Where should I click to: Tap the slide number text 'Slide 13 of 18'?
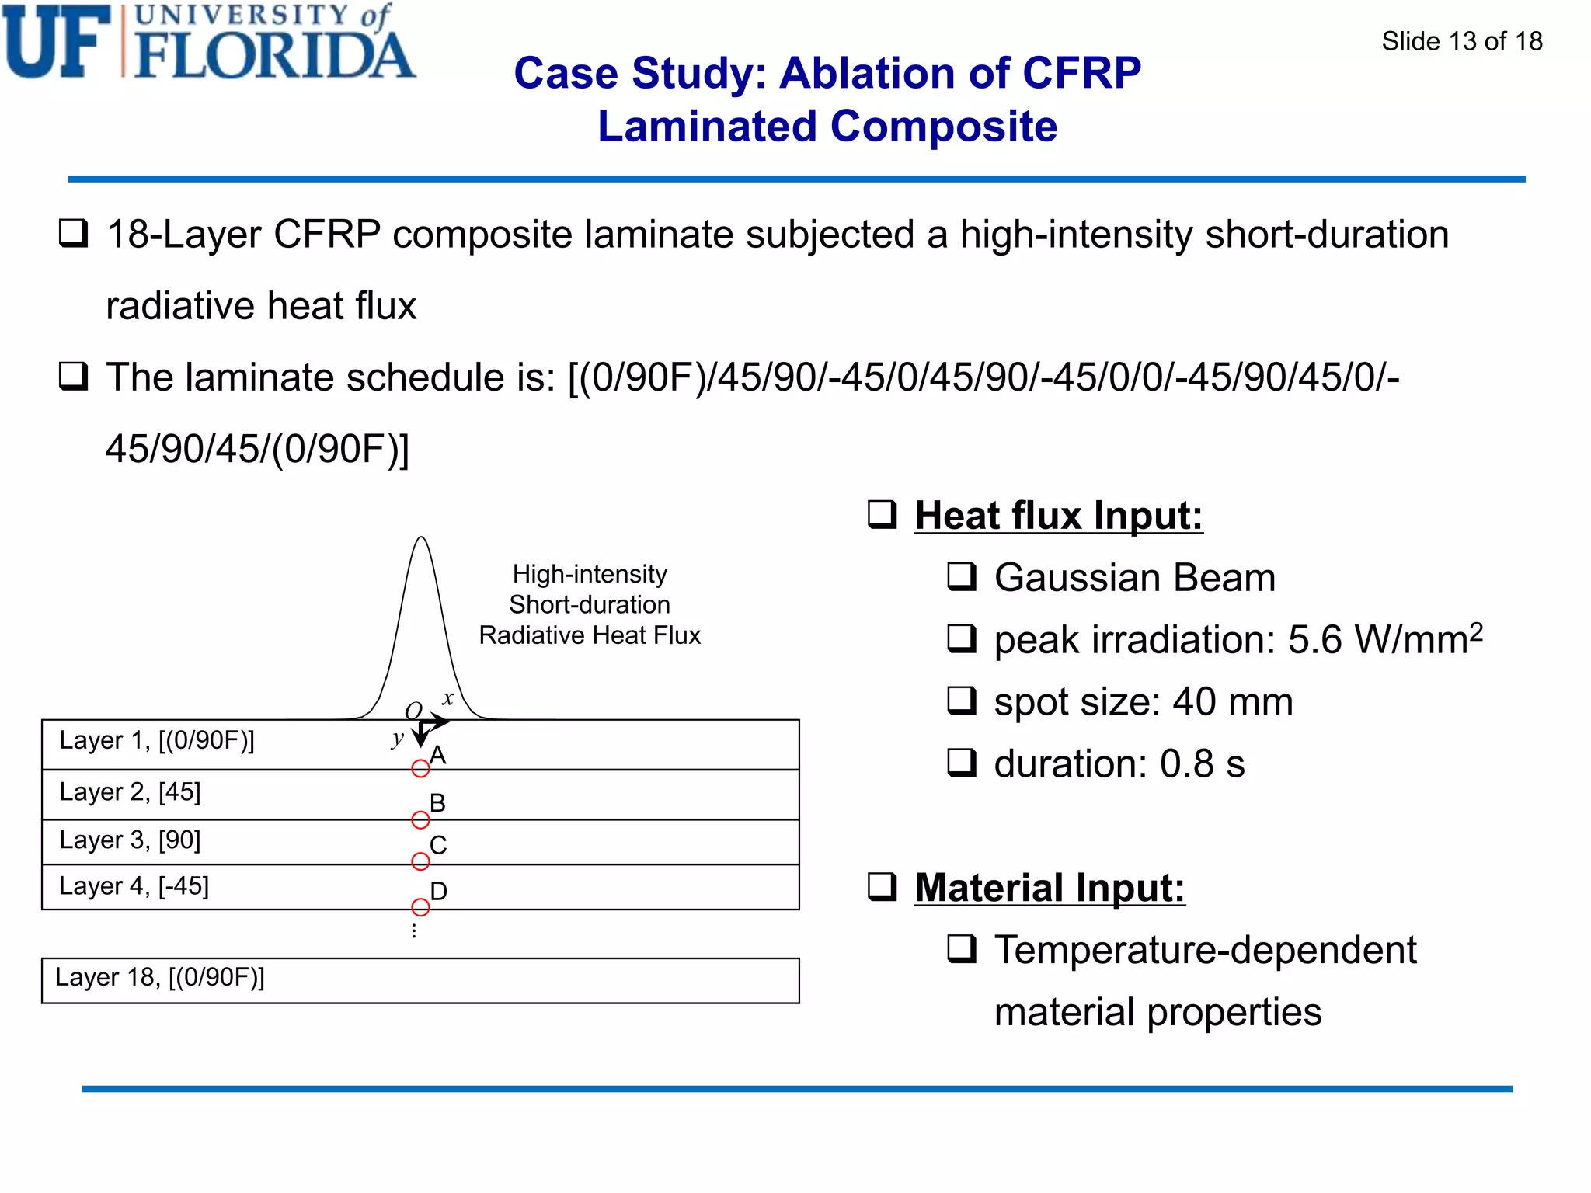(1461, 41)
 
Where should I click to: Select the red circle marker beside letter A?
(420, 769)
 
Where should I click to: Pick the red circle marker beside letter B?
(420, 819)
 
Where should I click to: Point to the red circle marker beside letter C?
(420, 861)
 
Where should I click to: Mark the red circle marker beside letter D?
(420, 907)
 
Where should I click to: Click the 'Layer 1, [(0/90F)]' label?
(157, 741)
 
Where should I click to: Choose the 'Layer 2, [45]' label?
(130, 792)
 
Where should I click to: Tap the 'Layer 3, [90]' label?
(130, 840)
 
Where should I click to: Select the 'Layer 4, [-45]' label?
(134, 886)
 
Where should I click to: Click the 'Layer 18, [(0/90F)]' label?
(159, 977)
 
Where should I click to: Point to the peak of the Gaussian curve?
(421, 537)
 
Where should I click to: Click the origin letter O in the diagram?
(413, 711)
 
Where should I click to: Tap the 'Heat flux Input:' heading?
(1058, 516)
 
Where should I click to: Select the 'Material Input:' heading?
(1050, 888)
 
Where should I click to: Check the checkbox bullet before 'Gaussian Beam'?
(962, 577)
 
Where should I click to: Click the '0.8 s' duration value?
(1202, 764)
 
